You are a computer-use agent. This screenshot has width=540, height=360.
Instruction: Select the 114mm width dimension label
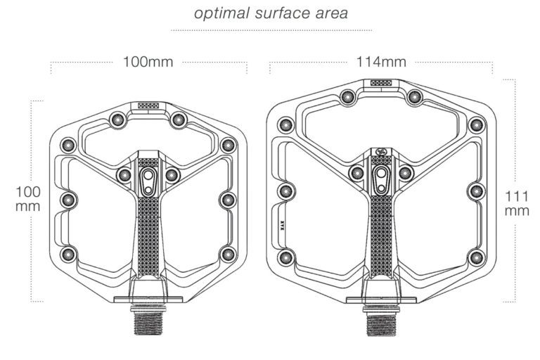(x=381, y=62)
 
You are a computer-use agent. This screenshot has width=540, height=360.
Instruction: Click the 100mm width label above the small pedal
(x=148, y=62)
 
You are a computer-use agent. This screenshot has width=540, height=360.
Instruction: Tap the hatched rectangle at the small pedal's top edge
(x=148, y=105)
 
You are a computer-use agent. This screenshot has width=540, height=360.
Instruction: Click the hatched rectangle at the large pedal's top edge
(x=382, y=82)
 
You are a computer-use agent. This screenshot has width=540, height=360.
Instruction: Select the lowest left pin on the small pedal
(x=68, y=254)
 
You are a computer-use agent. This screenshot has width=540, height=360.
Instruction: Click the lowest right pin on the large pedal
(x=477, y=258)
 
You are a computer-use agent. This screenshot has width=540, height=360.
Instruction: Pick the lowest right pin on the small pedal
(x=228, y=254)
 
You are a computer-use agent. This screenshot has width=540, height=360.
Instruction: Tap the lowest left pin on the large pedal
(x=286, y=258)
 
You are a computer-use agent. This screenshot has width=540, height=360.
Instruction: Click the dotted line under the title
(x=271, y=30)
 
